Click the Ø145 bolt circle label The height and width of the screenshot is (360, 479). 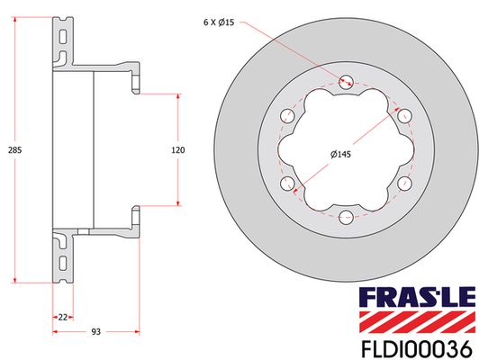[340, 155]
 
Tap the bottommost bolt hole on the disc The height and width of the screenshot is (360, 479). [346, 215]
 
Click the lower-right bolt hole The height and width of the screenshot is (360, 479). [402, 183]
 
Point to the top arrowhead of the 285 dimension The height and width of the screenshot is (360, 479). [16, 20]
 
